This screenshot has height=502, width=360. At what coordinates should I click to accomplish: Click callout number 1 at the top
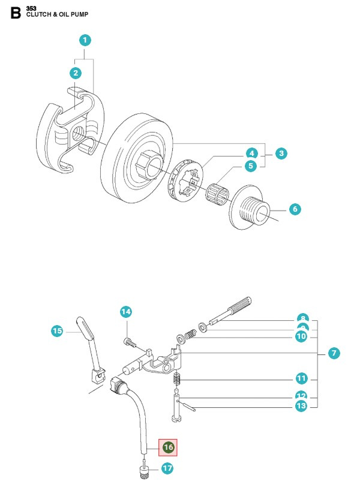point(85,40)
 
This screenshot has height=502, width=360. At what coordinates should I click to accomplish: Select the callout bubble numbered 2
point(75,73)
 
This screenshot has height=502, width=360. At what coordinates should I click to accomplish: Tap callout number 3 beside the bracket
point(280,154)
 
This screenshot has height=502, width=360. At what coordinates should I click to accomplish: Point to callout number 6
point(251,154)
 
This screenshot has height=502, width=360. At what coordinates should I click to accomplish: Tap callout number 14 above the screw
point(125,311)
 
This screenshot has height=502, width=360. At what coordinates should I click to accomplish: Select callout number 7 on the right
point(334,353)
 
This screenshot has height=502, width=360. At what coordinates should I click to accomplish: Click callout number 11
point(302,378)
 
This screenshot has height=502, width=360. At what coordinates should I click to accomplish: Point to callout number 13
point(302,406)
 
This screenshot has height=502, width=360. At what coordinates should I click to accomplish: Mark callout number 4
point(251,154)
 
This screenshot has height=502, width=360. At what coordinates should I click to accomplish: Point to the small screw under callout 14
point(128,342)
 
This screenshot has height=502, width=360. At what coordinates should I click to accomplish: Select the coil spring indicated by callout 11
point(176,380)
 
